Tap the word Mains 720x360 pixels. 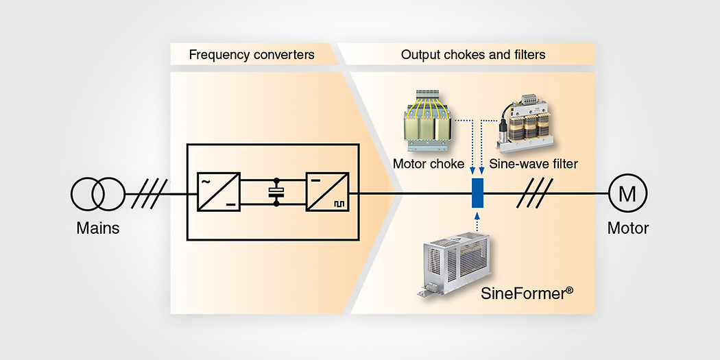(97, 228)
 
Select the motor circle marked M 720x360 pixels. (627, 194)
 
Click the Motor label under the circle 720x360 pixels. (627, 228)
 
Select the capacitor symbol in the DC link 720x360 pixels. (276, 194)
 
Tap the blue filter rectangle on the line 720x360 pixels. (478, 193)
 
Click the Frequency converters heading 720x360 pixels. (251, 54)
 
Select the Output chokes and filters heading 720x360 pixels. (473, 54)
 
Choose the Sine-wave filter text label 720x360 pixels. (533, 165)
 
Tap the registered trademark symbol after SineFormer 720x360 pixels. (568, 291)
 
